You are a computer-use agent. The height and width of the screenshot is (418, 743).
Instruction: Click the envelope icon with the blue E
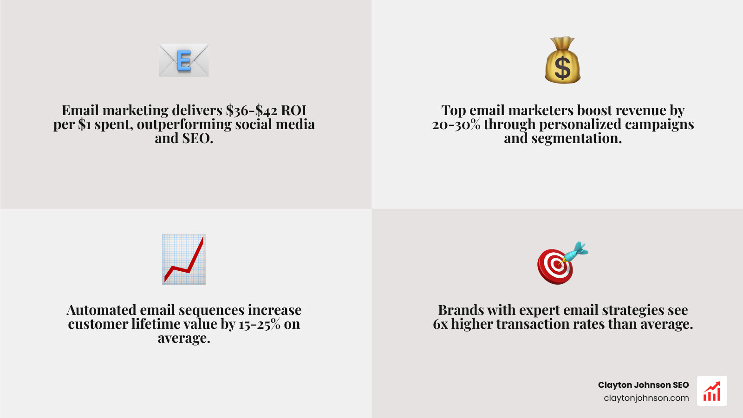pyautogui.click(x=184, y=60)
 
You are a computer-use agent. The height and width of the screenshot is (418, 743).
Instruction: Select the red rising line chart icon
pyautogui.click(x=184, y=259)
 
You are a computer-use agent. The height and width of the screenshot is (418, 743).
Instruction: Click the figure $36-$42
pyautogui.click(x=251, y=111)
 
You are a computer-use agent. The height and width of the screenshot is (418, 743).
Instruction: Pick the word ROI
pyautogui.click(x=293, y=111)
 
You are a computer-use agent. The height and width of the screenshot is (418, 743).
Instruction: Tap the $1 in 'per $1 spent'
pyautogui.click(x=85, y=124)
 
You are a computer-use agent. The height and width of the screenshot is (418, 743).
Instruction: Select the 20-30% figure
pyautogui.click(x=456, y=124)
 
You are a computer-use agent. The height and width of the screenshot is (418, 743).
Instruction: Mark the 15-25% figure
pyautogui.click(x=260, y=324)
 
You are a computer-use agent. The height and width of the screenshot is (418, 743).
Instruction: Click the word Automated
pyautogui.click(x=101, y=310)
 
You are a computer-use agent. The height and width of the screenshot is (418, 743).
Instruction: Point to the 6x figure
pyautogui.click(x=440, y=324)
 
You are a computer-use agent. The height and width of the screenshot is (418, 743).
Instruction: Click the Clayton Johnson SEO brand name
pyautogui.click(x=643, y=385)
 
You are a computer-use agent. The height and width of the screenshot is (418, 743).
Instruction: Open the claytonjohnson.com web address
pyautogui.click(x=646, y=398)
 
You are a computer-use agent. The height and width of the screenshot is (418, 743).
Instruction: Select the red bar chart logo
pyautogui.click(x=712, y=391)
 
